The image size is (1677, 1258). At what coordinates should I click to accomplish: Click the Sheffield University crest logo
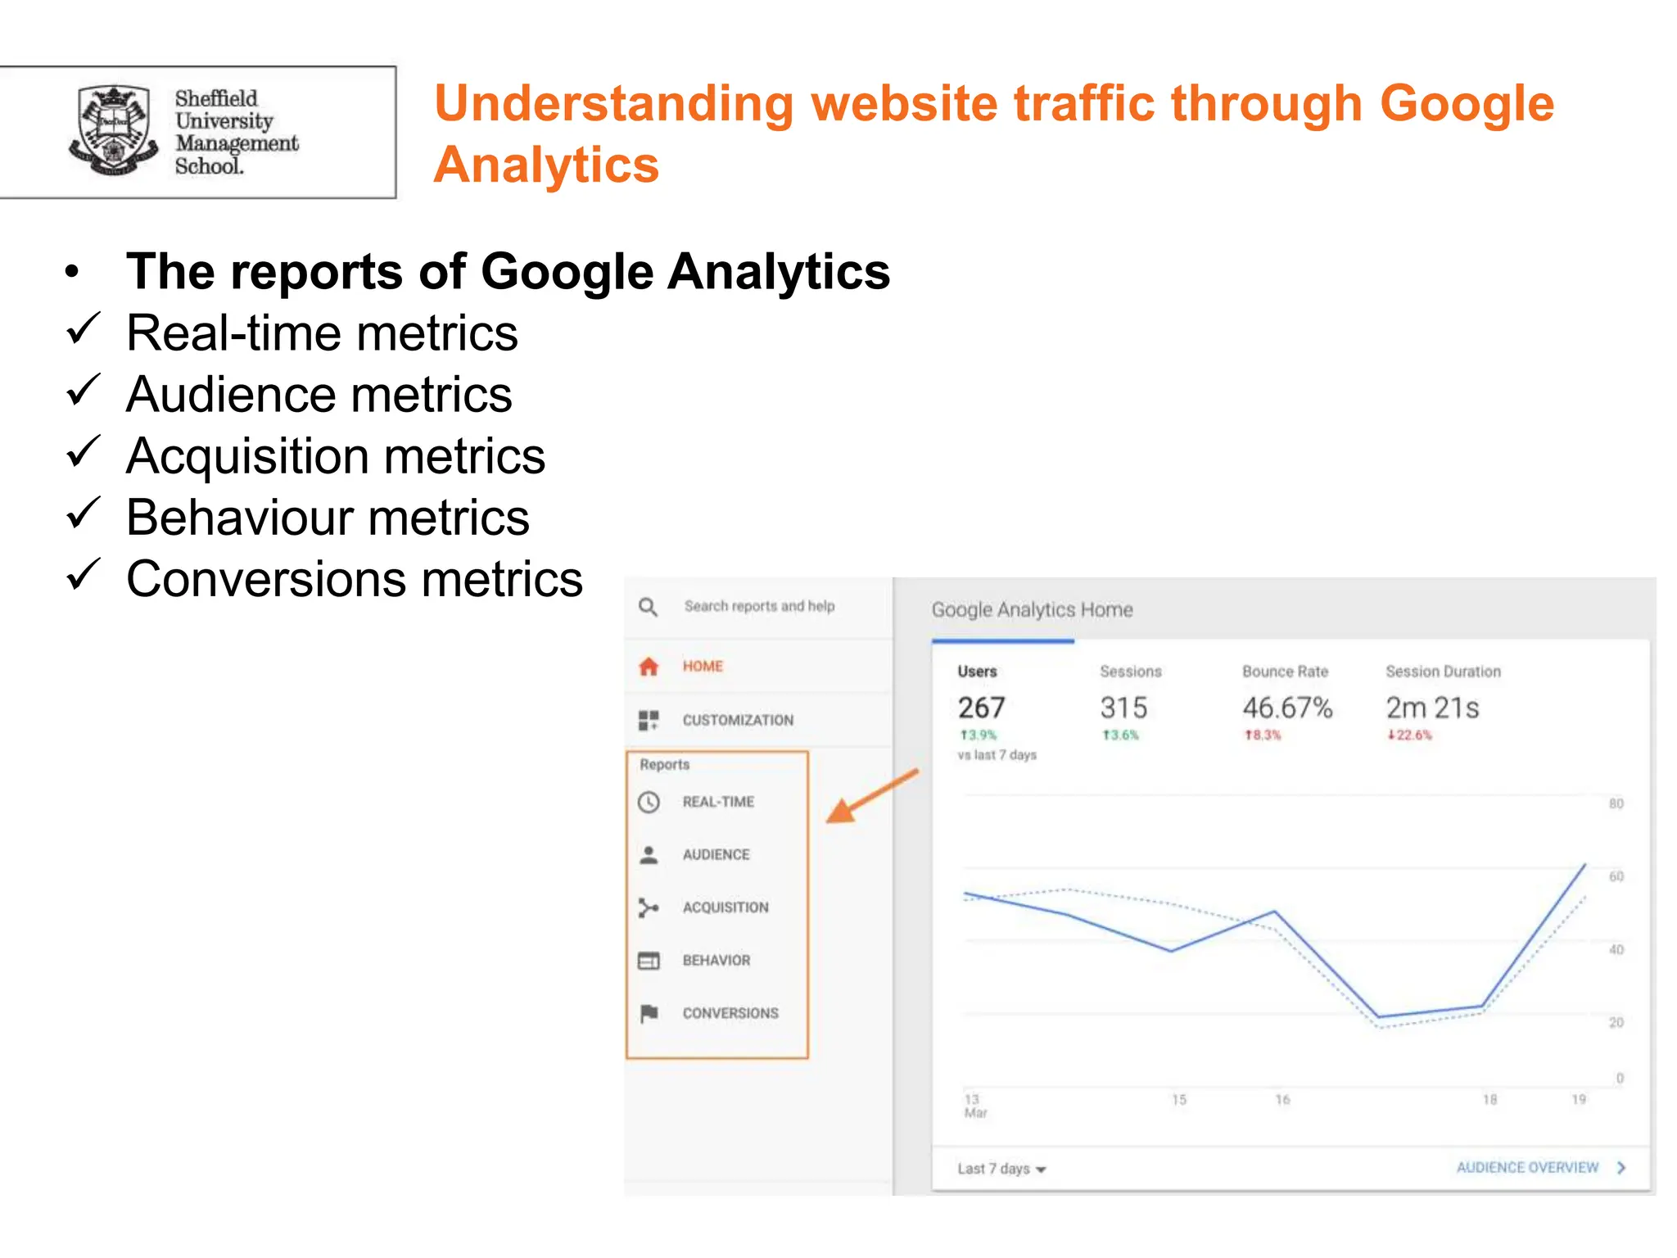[113, 131]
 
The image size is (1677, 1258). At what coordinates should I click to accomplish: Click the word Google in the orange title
[1466, 104]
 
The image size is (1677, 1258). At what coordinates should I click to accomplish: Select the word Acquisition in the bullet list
[246, 456]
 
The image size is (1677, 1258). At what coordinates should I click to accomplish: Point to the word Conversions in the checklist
[265, 579]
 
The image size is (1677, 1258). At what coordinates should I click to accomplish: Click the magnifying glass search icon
[648, 607]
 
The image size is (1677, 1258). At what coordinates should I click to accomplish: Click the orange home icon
[649, 667]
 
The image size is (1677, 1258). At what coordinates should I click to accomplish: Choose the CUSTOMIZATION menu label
[738, 721]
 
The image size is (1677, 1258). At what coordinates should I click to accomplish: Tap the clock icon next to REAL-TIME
[649, 802]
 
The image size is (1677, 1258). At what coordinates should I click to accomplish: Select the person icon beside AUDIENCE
[649, 855]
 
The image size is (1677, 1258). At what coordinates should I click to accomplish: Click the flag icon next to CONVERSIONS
[649, 1013]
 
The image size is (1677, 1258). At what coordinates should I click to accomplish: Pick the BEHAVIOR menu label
[716, 961]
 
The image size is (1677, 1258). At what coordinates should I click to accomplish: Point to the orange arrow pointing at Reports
[870, 796]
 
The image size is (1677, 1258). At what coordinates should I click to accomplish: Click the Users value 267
[981, 708]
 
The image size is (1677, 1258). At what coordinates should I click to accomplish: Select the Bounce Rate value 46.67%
[1287, 708]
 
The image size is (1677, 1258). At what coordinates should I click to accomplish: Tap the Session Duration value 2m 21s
[1432, 708]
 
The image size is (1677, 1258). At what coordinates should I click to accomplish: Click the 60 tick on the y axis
[1616, 876]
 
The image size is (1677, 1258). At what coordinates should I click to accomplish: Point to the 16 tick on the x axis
[1282, 1100]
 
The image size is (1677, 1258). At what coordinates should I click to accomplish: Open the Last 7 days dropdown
[1001, 1169]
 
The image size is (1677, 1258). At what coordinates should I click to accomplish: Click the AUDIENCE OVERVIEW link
[1528, 1167]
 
